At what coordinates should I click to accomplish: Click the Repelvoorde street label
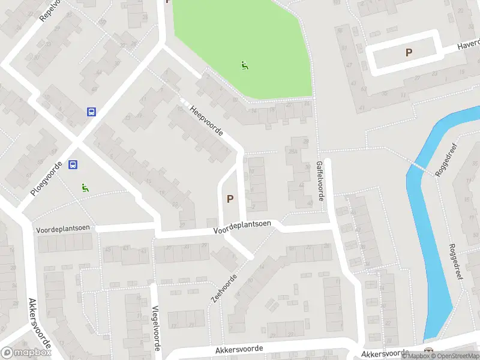click(50, 10)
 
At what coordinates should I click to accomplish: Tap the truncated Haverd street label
click(468, 44)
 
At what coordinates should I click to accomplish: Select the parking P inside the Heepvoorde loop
click(229, 199)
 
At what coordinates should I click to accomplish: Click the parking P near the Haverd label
click(409, 53)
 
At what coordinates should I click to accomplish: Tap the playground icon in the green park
click(244, 65)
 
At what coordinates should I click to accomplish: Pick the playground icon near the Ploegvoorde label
click(85, 187)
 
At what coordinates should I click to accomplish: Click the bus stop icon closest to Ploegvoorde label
click(73, 165)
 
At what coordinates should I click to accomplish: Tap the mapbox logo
click(25, 353)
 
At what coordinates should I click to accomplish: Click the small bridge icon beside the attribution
click(427, 351)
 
